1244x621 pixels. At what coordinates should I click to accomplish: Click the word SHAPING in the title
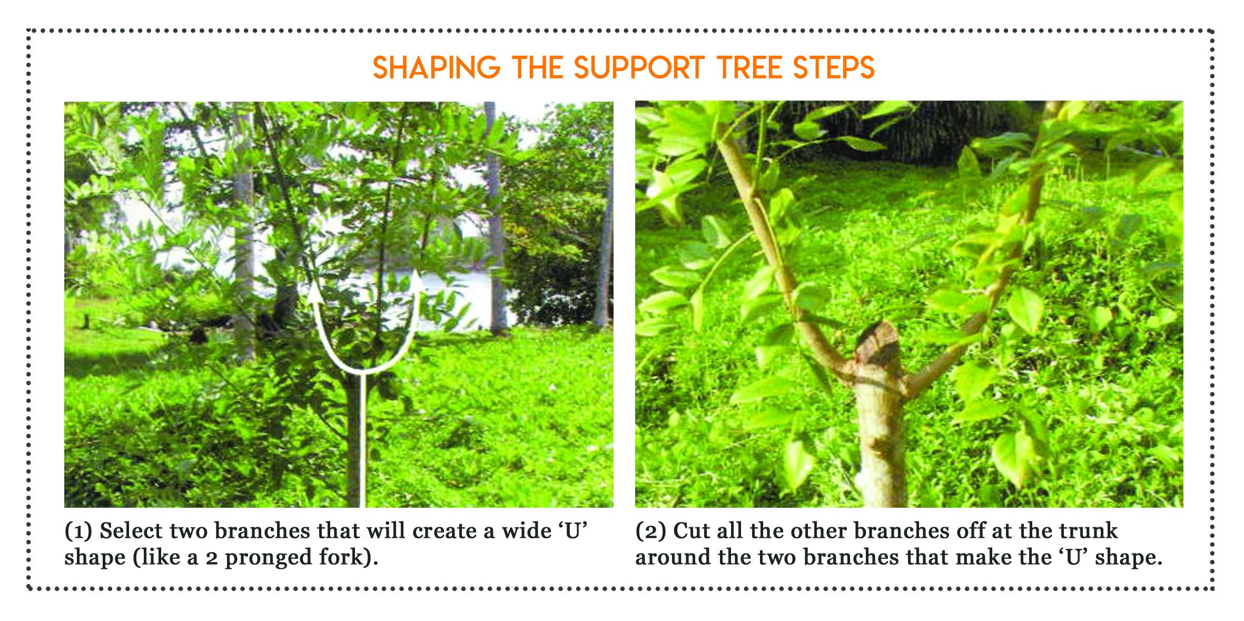(437, 68)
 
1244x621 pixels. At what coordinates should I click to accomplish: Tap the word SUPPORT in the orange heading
(639, 68)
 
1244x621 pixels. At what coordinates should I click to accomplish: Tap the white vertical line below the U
(362, 440)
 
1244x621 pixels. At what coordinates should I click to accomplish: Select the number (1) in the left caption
(78, 531)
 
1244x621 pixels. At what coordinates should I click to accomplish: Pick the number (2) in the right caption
(650, 531)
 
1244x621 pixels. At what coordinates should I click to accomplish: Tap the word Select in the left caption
(131, 531)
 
